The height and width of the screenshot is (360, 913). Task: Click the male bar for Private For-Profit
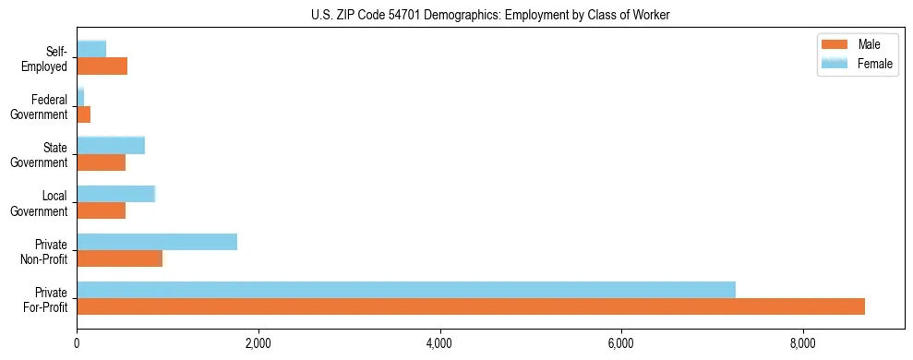[x=471, y=306]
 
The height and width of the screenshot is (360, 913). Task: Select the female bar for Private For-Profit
[x=406, y=290]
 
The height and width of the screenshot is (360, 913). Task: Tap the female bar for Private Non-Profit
[x=157, y=242]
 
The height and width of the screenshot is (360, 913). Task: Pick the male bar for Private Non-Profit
[x=119, y=258]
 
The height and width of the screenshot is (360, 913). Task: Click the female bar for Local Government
[x=115, y=194]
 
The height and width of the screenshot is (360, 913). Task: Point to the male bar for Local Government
[x=101, y=210]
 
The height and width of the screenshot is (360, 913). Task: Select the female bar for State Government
[x=111, y=145]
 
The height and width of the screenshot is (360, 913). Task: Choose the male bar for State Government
[x=101, y=162]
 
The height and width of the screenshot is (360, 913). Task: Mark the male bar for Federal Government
[x=83, y=114]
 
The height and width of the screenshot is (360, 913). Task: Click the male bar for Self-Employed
[x=102, y=66]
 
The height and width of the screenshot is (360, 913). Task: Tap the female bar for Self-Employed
[x=91, y=49]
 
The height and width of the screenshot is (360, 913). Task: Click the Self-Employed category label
[x=49, y=58]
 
